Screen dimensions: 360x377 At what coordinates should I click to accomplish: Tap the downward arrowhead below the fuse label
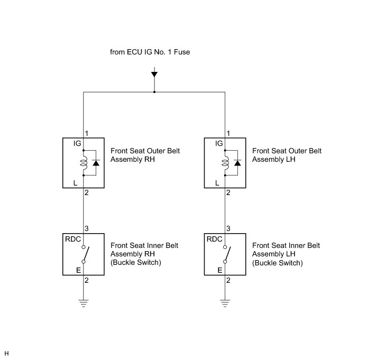tap(154, 75)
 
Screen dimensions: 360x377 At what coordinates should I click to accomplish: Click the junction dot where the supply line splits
tap(154, 92)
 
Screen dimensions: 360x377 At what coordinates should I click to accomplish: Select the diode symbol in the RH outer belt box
tap(96, 163)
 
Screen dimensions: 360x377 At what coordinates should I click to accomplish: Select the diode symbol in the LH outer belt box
tap(237, 163)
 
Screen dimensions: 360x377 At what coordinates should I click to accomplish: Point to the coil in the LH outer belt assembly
tap(225, 163)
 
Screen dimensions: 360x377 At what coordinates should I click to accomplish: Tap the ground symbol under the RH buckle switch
tap(84, 303)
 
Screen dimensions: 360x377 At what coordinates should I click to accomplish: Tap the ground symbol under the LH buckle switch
tap(225, 303)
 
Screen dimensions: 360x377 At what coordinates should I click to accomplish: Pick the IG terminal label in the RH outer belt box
tap(70, 143)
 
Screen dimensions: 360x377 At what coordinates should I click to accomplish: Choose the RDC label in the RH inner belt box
tap(72, 238)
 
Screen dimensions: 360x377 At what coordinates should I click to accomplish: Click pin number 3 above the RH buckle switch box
tap(87, 228)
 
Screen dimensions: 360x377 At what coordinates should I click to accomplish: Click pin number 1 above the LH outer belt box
tap(228, 133)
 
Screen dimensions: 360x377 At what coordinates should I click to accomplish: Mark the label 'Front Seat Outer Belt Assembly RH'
tap(145, 155)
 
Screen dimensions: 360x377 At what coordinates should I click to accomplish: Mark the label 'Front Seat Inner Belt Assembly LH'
tap(286, 254)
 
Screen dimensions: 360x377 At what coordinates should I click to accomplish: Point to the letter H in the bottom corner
tap(6, 353)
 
